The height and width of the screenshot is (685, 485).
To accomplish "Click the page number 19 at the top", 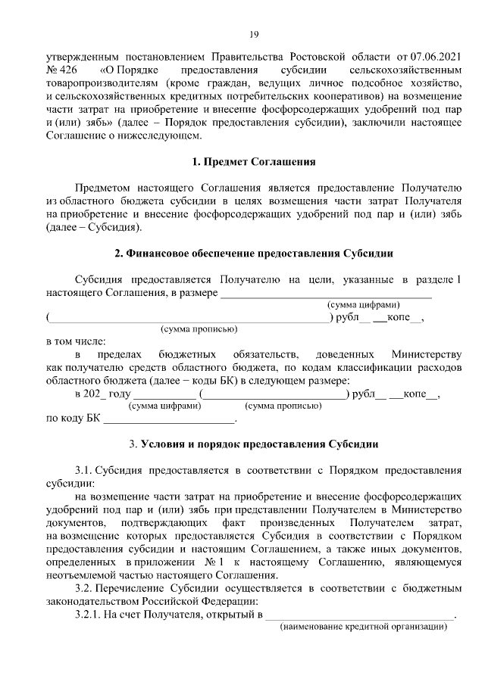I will (254, 34).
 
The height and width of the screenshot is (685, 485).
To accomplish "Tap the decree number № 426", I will (61, 70).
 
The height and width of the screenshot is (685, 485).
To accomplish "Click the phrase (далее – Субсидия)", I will (94, 227).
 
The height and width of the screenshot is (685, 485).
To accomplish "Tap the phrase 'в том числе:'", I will (77, 341).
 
